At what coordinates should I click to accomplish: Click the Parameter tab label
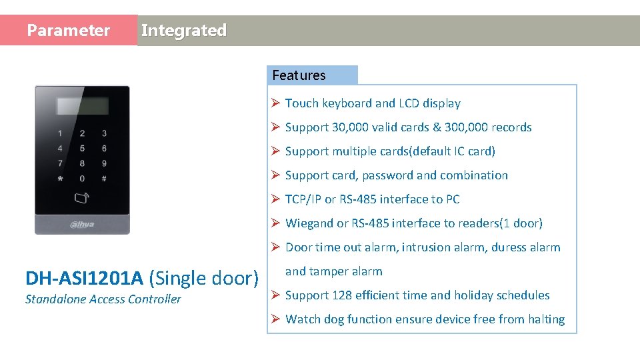(x=68, y=31)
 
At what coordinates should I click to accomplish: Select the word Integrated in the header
(x=184, y=31)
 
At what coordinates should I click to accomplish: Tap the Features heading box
(x=312, y=75)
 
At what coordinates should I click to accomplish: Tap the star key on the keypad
(x=61, y=179)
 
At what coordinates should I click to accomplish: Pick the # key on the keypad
(x=104, y=179)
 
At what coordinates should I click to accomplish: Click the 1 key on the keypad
(x=61, y=133)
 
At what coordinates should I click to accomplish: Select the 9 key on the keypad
(x=104, y=163)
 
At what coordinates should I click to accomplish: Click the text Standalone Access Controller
(x=103, y=299)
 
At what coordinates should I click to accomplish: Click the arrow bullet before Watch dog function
(x=275, y=319)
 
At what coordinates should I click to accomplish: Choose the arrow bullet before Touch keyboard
(x=275, y=103)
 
